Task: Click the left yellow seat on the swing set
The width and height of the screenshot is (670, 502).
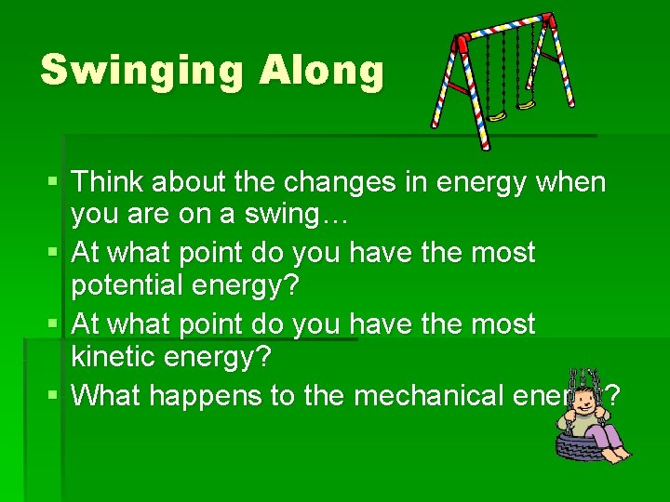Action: click(x=498, y=115)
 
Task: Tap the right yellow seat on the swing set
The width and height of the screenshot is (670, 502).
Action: click(x=527, y=103)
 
